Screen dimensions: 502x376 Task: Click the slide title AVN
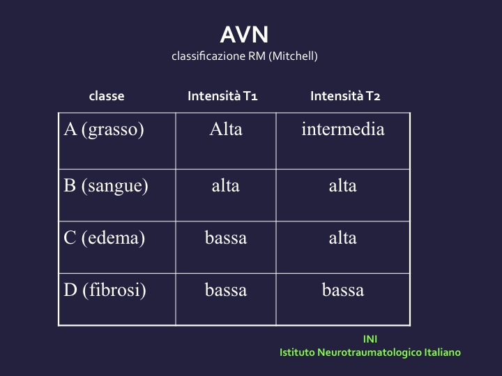(244, 35)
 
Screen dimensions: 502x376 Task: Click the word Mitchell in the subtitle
(294, 56)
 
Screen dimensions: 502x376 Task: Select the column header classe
(107, 96)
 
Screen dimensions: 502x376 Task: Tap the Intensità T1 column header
(222, 96)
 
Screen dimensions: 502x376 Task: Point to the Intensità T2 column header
(345, 96)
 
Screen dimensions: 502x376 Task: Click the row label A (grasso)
(104, 130)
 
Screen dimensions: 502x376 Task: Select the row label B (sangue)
(106, 186)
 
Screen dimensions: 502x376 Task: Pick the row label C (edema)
(104, 238)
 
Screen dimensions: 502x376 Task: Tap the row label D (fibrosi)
(105, 290)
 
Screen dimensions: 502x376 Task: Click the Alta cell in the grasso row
(226, 130)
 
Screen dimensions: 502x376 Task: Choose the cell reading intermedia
(343, 130)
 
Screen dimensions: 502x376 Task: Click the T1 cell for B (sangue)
(226, 186)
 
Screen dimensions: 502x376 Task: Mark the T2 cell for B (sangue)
(343, 186)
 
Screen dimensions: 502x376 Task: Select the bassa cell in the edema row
(226, 238)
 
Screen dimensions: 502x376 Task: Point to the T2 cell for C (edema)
(343, 238)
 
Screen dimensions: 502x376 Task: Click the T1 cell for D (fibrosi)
(226, 290)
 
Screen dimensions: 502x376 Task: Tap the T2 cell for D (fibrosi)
(343, 290)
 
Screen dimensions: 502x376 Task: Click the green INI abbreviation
(370, 339)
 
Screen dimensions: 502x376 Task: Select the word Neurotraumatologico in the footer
(370, 352)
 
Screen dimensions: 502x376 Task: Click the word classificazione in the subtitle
(208, 56)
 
